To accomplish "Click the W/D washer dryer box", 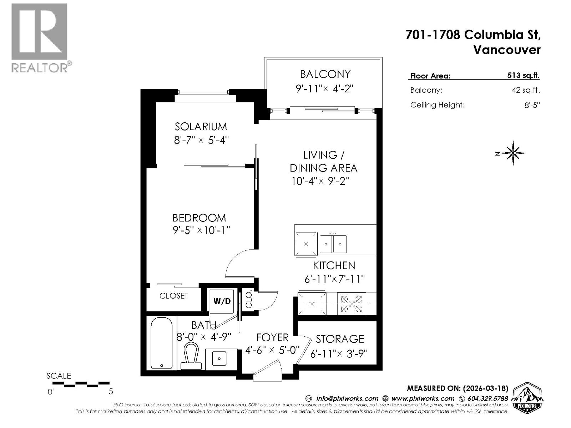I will (x=222, y=301).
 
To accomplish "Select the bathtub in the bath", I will (x=162, y=343).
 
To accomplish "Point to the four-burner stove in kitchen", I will (x=352, y=304).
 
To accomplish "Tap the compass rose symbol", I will (x=513, y=153).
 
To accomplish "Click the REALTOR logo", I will (x=40, y=38).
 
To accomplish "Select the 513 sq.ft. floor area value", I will (x=523, y=76).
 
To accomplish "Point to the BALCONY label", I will (x=325, y=74).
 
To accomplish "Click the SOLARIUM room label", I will (x=201, y=127).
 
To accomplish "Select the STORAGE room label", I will (x=339, y=339).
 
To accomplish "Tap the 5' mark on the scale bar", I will (x=111, y=392).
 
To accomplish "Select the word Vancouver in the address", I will (x=507, y=50).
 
